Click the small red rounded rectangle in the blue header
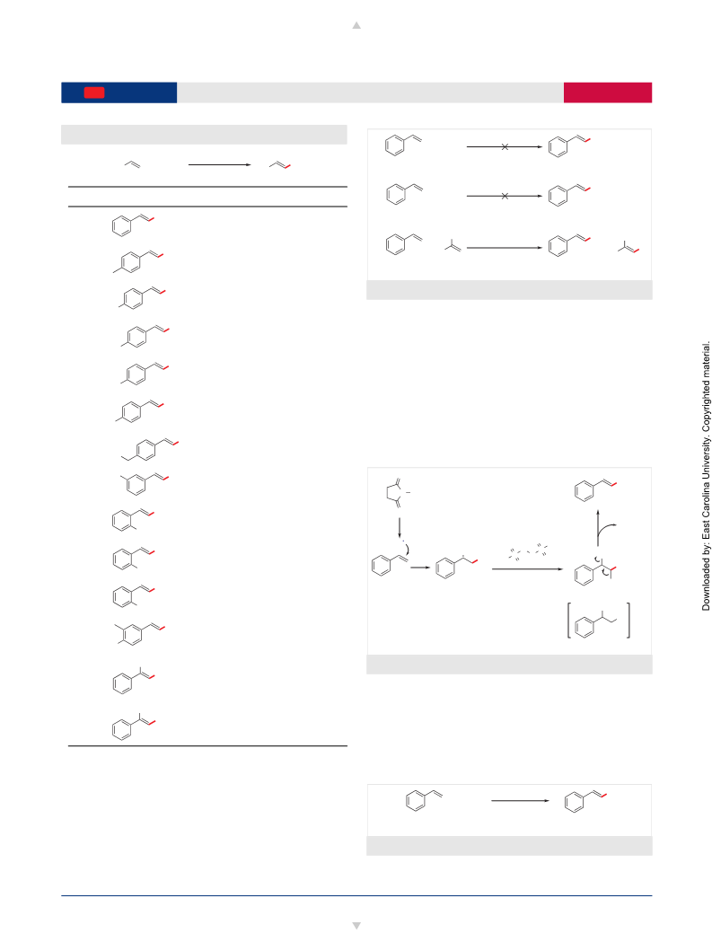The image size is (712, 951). (94, 92)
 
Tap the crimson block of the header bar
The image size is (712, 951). (608, 92)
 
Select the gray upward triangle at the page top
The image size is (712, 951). (356, 25)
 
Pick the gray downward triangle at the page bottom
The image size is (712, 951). (356, 926)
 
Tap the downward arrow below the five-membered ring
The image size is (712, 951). (400, 528)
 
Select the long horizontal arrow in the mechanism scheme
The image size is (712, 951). (528, 569)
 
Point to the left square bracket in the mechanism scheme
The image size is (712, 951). (569, 621)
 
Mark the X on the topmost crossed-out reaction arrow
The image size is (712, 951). (505, 146)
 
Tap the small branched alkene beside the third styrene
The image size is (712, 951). (453, 245)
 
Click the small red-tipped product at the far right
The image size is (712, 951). (628, 247)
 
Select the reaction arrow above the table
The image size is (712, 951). (220, 164)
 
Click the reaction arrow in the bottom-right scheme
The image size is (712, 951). (521, 801)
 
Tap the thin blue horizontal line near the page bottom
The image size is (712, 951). (356, 895)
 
